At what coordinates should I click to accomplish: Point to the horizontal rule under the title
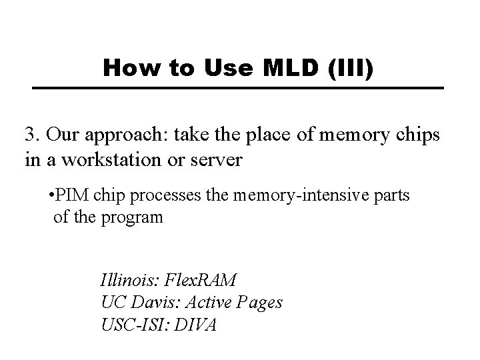(239, 88)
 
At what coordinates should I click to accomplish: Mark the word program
(133, 218)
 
